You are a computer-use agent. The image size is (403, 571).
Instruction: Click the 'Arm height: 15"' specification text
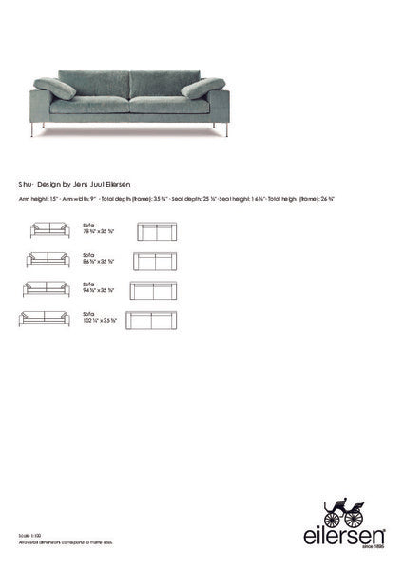point(36,199)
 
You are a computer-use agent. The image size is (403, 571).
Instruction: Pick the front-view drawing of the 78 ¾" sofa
point(50,230)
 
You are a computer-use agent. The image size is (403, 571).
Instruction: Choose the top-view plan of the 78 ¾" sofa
point(157,231)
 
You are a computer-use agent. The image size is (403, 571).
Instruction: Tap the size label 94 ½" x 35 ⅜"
point(99,289)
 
